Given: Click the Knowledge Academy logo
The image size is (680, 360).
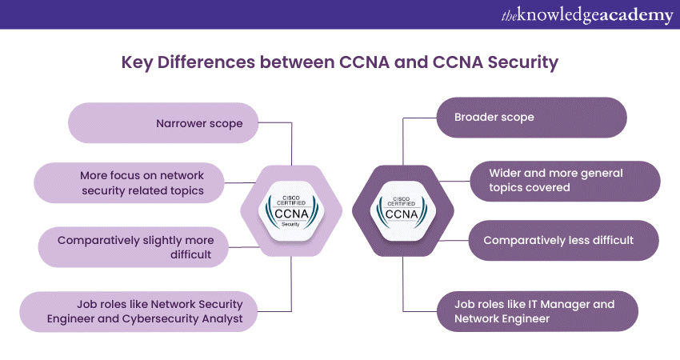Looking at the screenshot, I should [x=587, y=14].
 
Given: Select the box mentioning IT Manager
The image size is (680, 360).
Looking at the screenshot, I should [x=536, y=311].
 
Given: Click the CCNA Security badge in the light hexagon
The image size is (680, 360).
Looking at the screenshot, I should [x=291, y=210].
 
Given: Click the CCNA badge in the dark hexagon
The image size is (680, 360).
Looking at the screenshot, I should [x=402, y=209].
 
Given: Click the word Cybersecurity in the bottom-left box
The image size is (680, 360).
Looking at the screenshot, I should [x=174, y=318].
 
